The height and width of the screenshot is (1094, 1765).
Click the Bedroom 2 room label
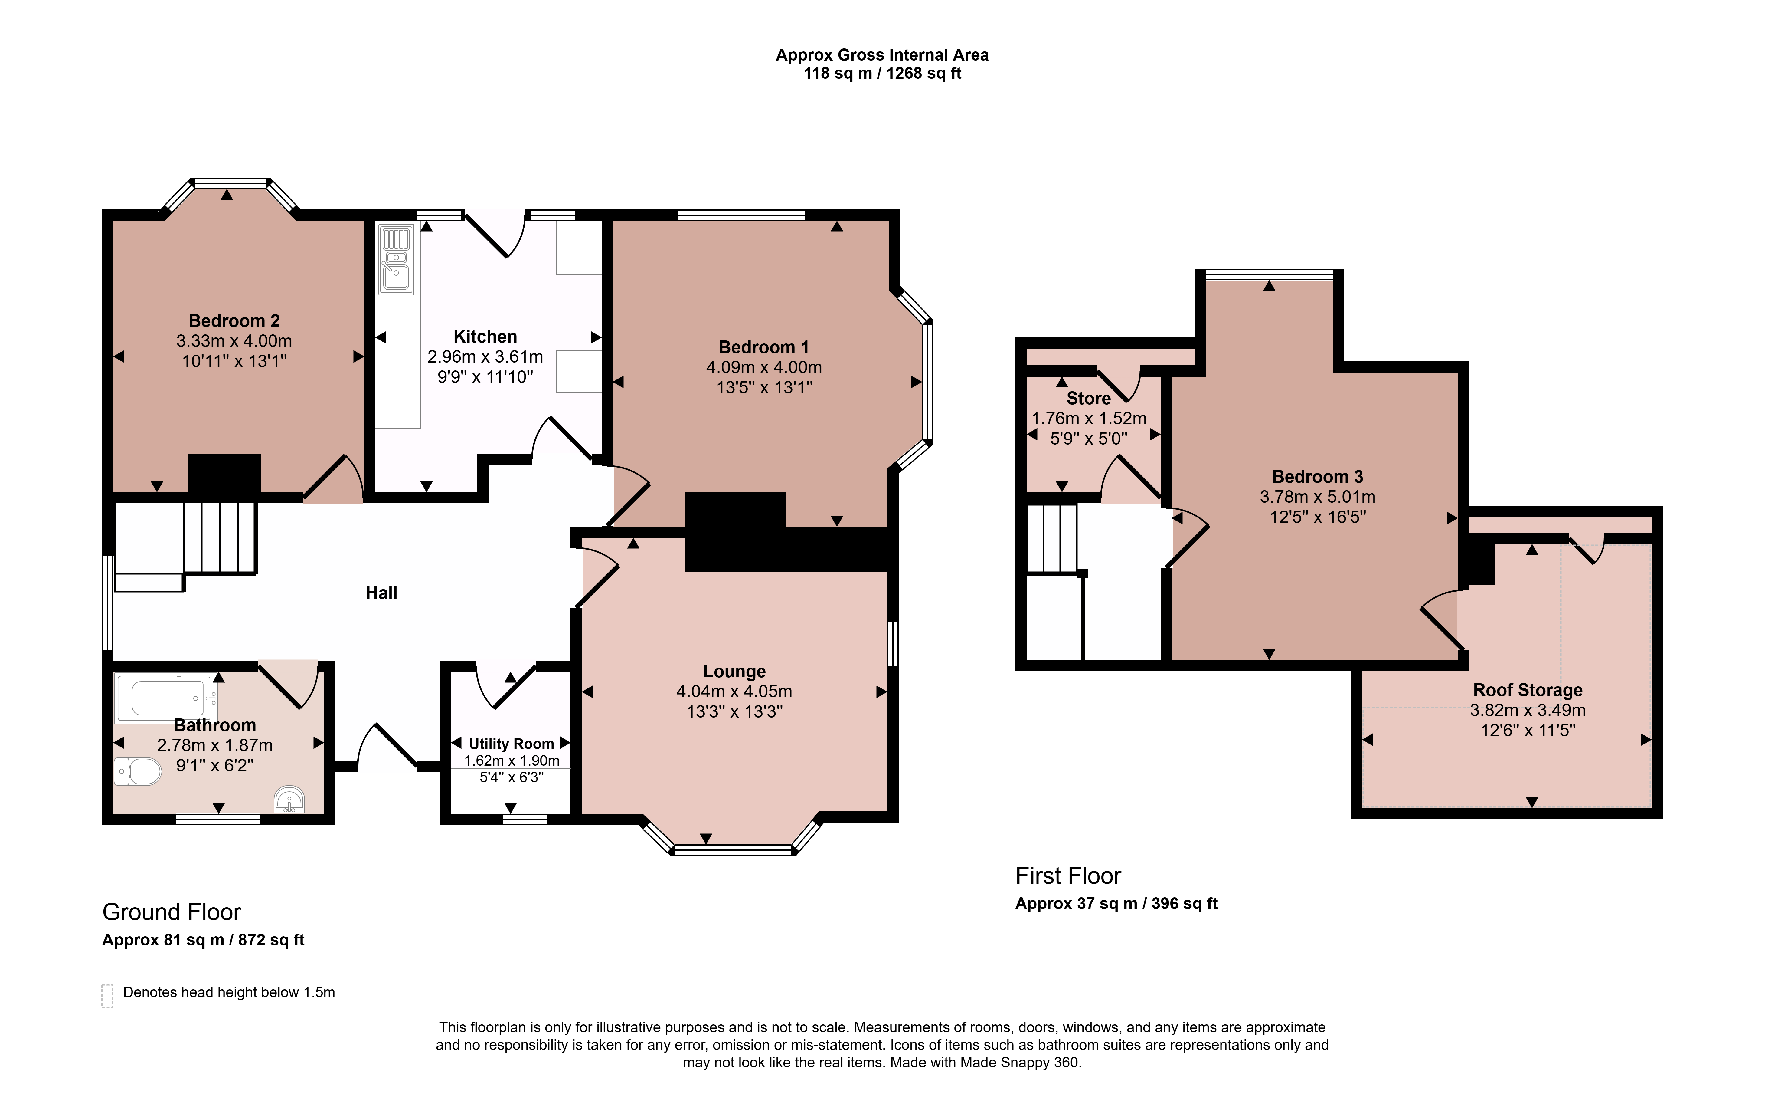click(x=234, y=320)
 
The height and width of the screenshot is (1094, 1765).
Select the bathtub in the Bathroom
click(x=165, y=699)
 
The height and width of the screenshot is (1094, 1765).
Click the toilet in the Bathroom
click(x=137, y=771)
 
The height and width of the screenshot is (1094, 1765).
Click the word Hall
click(x=381, y=593)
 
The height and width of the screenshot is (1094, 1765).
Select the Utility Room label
click(x=511, y=744)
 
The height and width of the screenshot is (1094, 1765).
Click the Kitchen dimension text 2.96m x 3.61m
click(x=485, y=357)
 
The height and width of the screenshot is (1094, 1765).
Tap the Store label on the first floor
click(x=1088, y=399)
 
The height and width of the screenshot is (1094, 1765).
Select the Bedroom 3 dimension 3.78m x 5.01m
click(x=1317, y=497)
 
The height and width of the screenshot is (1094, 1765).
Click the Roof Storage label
click(x=1528, y=690)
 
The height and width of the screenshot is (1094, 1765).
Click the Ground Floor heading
click(x=172, y=912)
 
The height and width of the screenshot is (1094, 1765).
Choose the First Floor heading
click(x=1068, y=876)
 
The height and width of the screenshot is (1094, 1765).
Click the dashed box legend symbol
click(x=108, y=996)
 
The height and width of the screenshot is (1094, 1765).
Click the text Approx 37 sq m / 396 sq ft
click(x=1116, y=904)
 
